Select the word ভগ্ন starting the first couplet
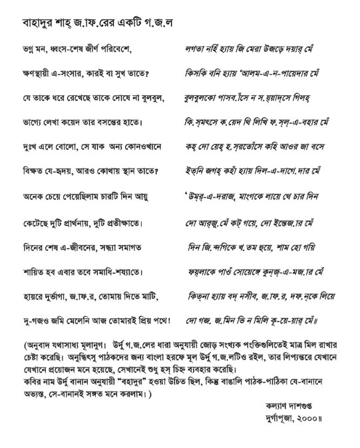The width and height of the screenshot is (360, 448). click(28, 50)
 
